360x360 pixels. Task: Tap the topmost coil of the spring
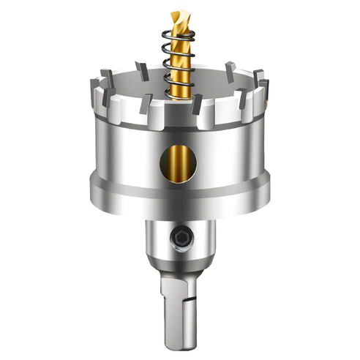pyautogui.click(x=179, y=38)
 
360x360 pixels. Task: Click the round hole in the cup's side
pyautogui.click(x=179, y=163)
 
